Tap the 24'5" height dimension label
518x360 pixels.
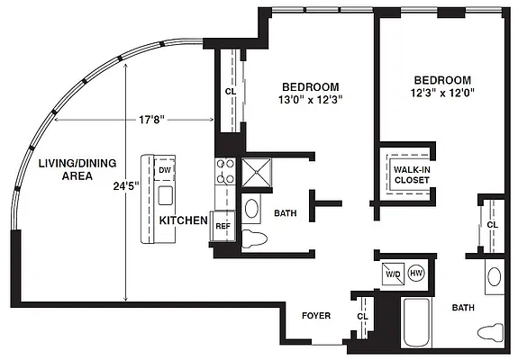click(x=127, y=188)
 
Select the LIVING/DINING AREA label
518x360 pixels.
click(x=65, y=170)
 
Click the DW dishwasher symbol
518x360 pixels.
click(x=165, y=170)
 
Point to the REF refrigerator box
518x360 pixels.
click(x=223, y=226)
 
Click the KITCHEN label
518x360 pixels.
click(x=184, y=220)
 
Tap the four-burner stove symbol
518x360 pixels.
click(x=224, y=170)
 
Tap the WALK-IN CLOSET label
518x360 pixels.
click(x=412, y=174)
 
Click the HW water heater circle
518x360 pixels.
click(x=416, y=273)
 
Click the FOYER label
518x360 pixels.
click(x=315, y=316)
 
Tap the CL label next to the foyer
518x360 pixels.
click(x=362, y=316)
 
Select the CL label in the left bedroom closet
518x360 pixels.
click(x=230, y=90)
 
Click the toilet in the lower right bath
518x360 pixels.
click(x=491, y=331)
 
